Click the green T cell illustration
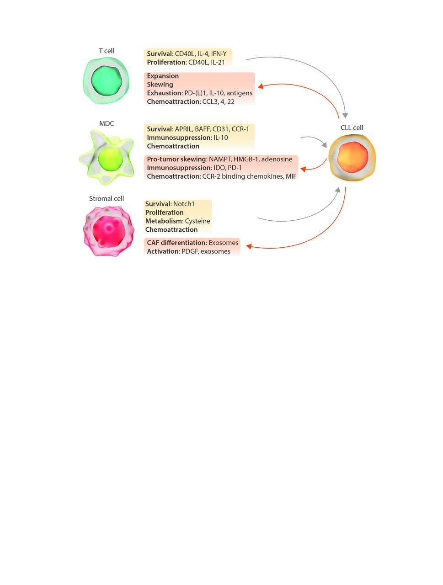107,80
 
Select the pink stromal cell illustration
108,231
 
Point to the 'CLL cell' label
352,128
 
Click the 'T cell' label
107,51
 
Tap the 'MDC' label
107,124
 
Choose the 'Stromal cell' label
107,199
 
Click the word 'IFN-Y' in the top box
219,54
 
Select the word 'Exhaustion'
164,93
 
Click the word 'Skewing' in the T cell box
160,85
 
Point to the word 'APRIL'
184,129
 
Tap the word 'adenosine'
277,160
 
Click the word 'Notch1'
184,204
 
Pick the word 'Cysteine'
197,221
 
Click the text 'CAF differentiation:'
176,243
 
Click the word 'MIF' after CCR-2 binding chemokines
291,176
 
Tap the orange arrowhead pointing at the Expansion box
261,86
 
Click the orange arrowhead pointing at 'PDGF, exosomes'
250,246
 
